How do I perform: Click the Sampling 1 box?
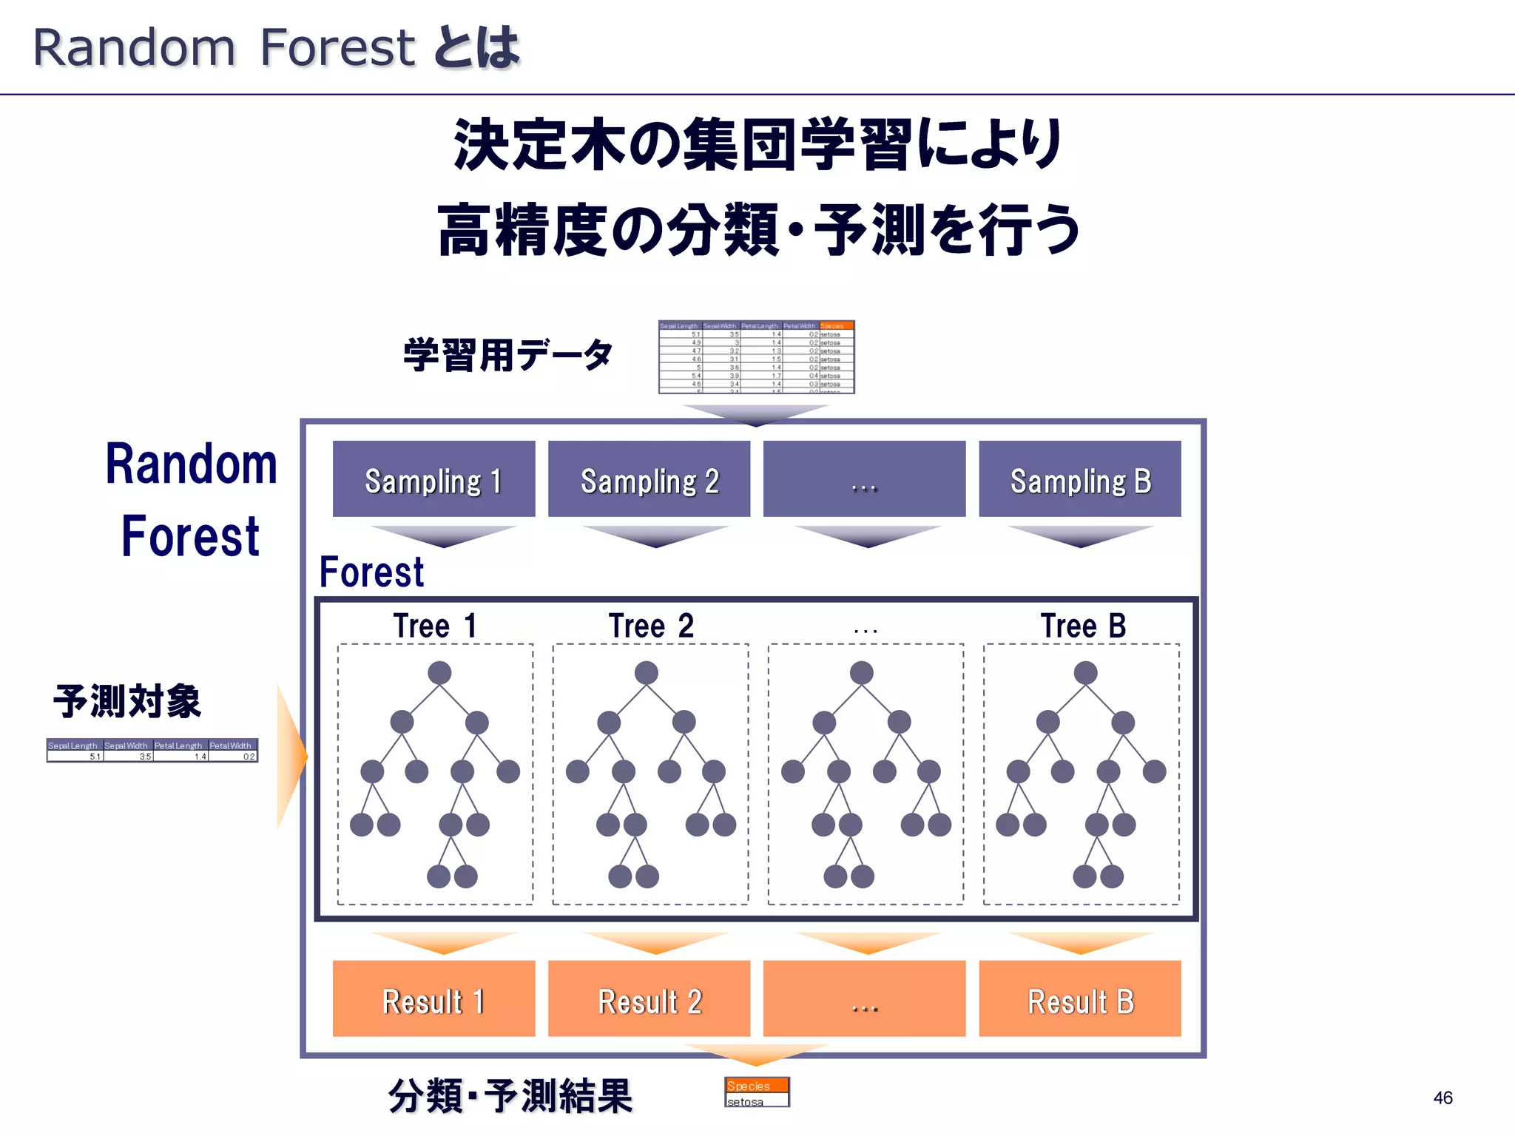(433, 479)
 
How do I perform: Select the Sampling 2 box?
(649, 479)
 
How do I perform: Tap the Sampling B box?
(1080, 479)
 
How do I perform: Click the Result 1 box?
(433, 998)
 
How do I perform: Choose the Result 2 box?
(649, 998)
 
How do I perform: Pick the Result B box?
(1080, 998)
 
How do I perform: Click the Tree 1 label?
(435, 626)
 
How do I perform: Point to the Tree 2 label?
(651, 626)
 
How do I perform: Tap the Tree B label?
(1083, 626)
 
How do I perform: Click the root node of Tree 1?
(439, 673)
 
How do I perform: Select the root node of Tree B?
(1085, 673)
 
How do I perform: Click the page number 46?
(1443, 1098)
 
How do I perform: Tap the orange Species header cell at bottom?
(756, 1085)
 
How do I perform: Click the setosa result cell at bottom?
(756, 1101)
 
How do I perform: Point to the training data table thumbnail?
(756, 356)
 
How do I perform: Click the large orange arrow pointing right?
(291, 756)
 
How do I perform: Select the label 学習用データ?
(508, 355)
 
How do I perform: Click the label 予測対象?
(127, 701)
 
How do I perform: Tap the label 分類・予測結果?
(510, 1095)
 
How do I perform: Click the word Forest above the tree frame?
(371, 572)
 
